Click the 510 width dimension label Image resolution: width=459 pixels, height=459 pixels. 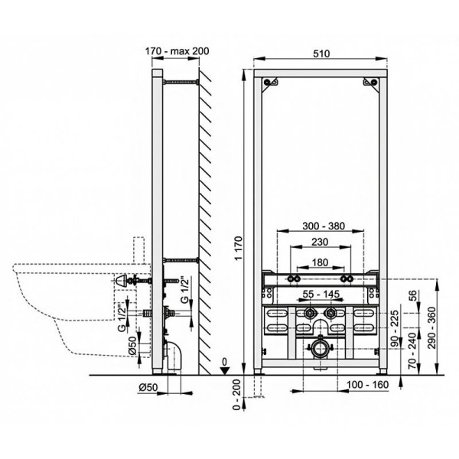321,54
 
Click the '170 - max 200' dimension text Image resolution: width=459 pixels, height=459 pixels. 177,51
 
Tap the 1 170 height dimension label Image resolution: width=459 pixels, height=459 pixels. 239,248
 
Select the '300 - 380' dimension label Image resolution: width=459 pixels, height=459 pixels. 324,226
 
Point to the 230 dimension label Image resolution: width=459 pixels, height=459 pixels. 320,242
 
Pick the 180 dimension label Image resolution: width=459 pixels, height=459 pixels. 320,262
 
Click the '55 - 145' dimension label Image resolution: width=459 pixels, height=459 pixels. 321,294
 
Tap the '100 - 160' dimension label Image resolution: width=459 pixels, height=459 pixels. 368,385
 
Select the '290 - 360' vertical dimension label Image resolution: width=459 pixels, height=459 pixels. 432,328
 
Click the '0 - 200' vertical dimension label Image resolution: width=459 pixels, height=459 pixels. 236,395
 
